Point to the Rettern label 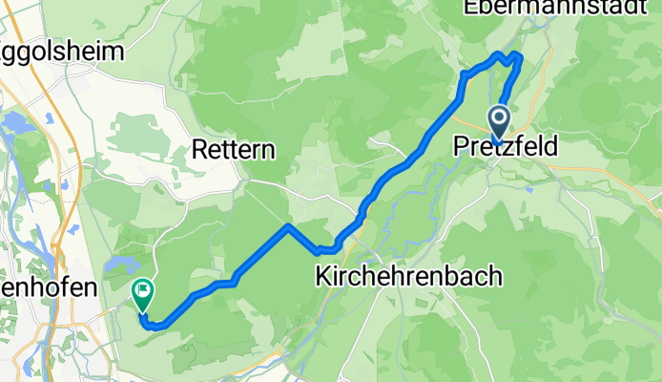tap(234, 150)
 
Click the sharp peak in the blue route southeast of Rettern tap(288, 226)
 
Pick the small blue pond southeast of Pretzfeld tap(528, 188)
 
